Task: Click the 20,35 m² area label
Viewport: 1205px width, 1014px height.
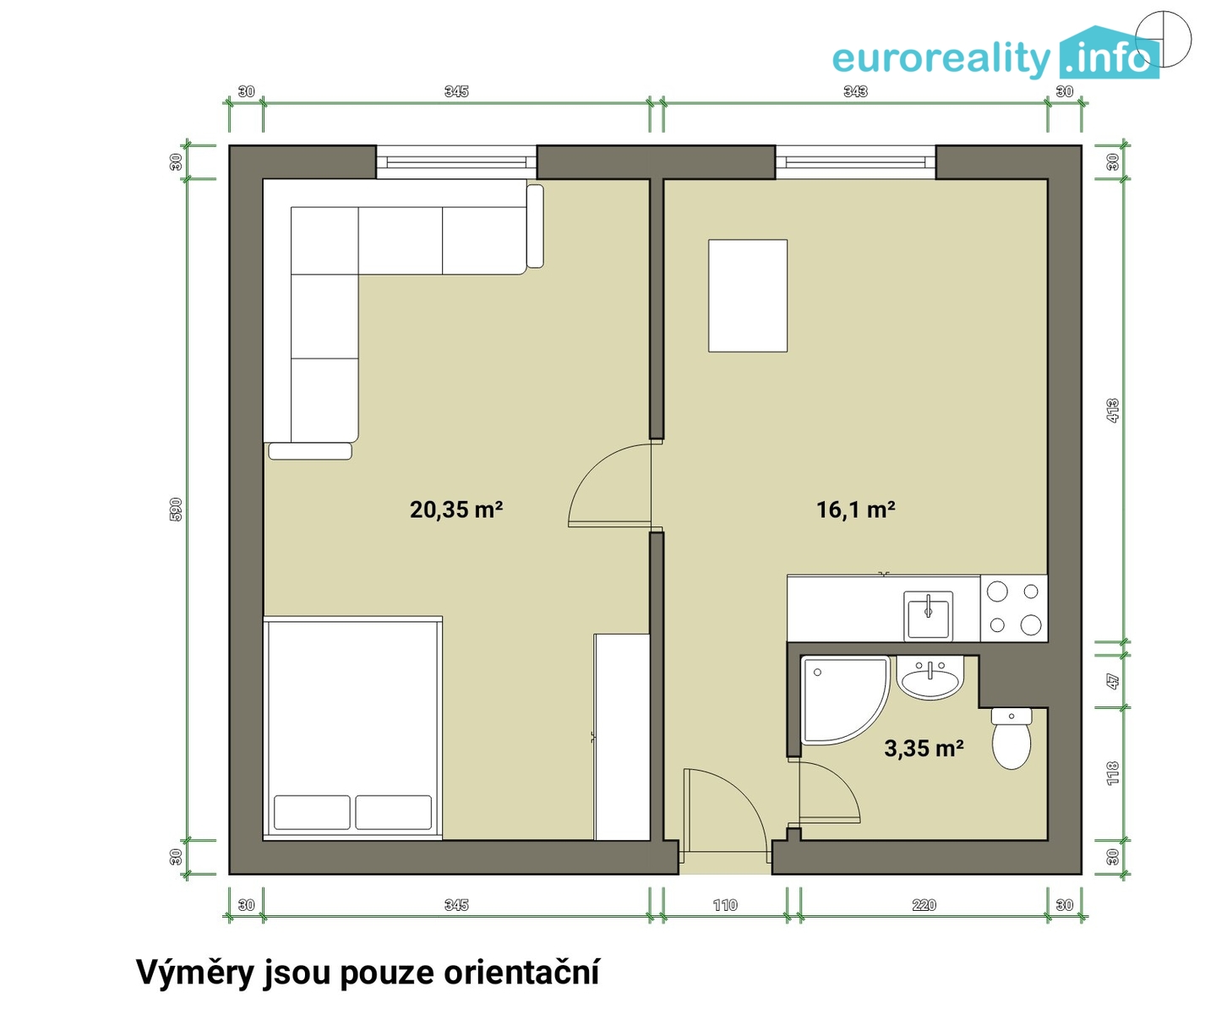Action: click(x=456, y=510)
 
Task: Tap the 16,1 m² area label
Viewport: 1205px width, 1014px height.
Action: click(x=855, y=510)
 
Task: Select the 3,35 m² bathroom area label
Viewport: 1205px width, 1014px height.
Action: click(x=924, y=749)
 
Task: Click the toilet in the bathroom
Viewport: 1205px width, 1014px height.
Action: click(x=1011, y=739)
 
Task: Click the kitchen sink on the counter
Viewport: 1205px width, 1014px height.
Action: click(x=928, y=615)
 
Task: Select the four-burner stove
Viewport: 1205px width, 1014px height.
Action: click(x=1014, y=608)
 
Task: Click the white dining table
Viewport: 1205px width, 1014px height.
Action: click(x=747, y=296)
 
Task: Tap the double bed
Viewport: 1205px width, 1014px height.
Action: click(x=352, y=728)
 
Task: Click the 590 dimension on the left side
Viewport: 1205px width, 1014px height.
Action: click(x=176, y=509)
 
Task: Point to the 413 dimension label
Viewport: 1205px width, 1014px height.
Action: click(x=1113, y=411)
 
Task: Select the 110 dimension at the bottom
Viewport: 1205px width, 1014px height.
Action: click(x=725, y=905)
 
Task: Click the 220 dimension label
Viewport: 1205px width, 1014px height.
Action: click(x=924, y=905)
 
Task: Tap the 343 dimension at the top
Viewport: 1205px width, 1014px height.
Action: click(x=855, y=91)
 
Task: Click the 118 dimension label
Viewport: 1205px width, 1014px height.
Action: click(x=1113, y=773)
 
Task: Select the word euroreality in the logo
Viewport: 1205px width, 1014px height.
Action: click(x=942, y=59)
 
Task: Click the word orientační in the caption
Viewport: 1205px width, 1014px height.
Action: click(x=521, y=973)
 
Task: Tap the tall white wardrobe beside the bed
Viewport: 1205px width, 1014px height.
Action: click(x=622, y=737)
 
